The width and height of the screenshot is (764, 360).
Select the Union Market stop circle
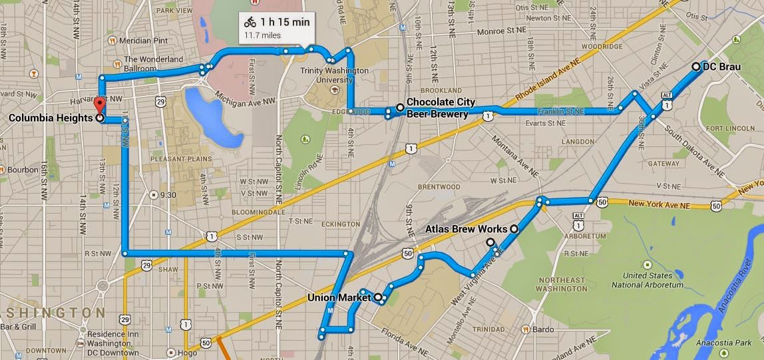click(378, 297)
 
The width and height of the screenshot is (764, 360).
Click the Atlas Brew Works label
click(466, 230)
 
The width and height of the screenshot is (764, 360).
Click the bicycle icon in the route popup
click(250, 22)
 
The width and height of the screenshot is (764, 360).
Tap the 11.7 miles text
click(262, 35)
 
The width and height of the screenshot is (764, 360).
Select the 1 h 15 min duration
click(285, 22)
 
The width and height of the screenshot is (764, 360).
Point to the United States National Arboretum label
click(653, 280)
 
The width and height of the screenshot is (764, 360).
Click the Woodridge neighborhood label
click(601, 47)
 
